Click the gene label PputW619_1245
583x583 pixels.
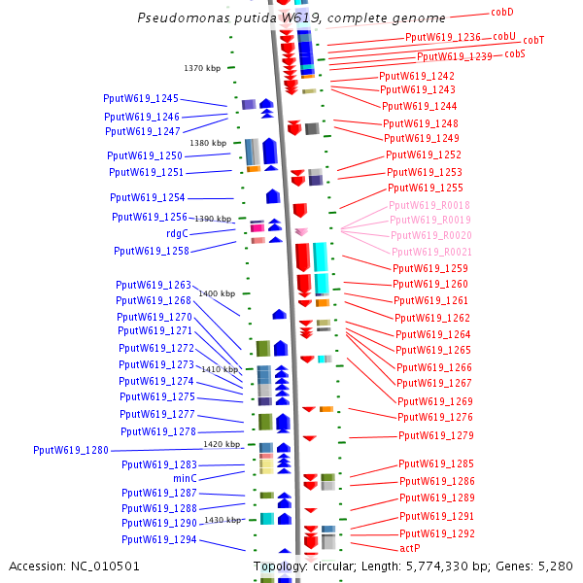(x=141, y=98)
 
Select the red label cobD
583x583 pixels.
(x=502, y=13)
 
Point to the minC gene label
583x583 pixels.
(x=185, y=478)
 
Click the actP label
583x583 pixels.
(x=410, y=549)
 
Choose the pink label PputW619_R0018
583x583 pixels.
(x=429, y=205)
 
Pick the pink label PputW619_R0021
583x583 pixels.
(x=431, y=252)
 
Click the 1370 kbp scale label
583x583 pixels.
(x=203, y=68)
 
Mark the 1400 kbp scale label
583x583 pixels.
(x=217, y=293)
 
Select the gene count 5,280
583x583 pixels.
(x=554, y=566)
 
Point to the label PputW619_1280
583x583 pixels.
(x=71, y=450)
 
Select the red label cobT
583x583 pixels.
(x=533, y=40)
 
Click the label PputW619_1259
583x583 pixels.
(x=430, y=268)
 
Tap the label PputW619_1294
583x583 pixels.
(x=158, y=539)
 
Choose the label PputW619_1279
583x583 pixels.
(x=436, y=435)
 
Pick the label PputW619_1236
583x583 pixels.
(x=443, y=37)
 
